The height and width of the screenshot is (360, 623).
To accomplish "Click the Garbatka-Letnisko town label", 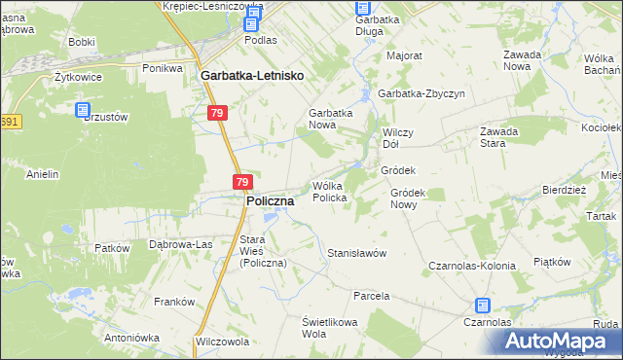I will (251, 75).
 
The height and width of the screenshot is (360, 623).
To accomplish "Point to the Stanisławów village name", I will (357, 253).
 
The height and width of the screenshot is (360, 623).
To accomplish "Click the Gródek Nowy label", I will (417, 199).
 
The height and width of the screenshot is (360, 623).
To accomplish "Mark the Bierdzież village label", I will (563, 191).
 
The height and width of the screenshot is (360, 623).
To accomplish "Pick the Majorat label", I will (404, 55).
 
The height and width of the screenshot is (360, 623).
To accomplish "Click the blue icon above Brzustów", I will (83, 112).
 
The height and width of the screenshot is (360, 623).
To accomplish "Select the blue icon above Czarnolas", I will (484, 306).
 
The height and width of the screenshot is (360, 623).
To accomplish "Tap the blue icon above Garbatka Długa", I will (363, 9).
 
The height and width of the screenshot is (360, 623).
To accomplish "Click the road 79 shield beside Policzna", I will (243, 182).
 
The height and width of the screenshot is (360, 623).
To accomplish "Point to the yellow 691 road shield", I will (9, 122).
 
